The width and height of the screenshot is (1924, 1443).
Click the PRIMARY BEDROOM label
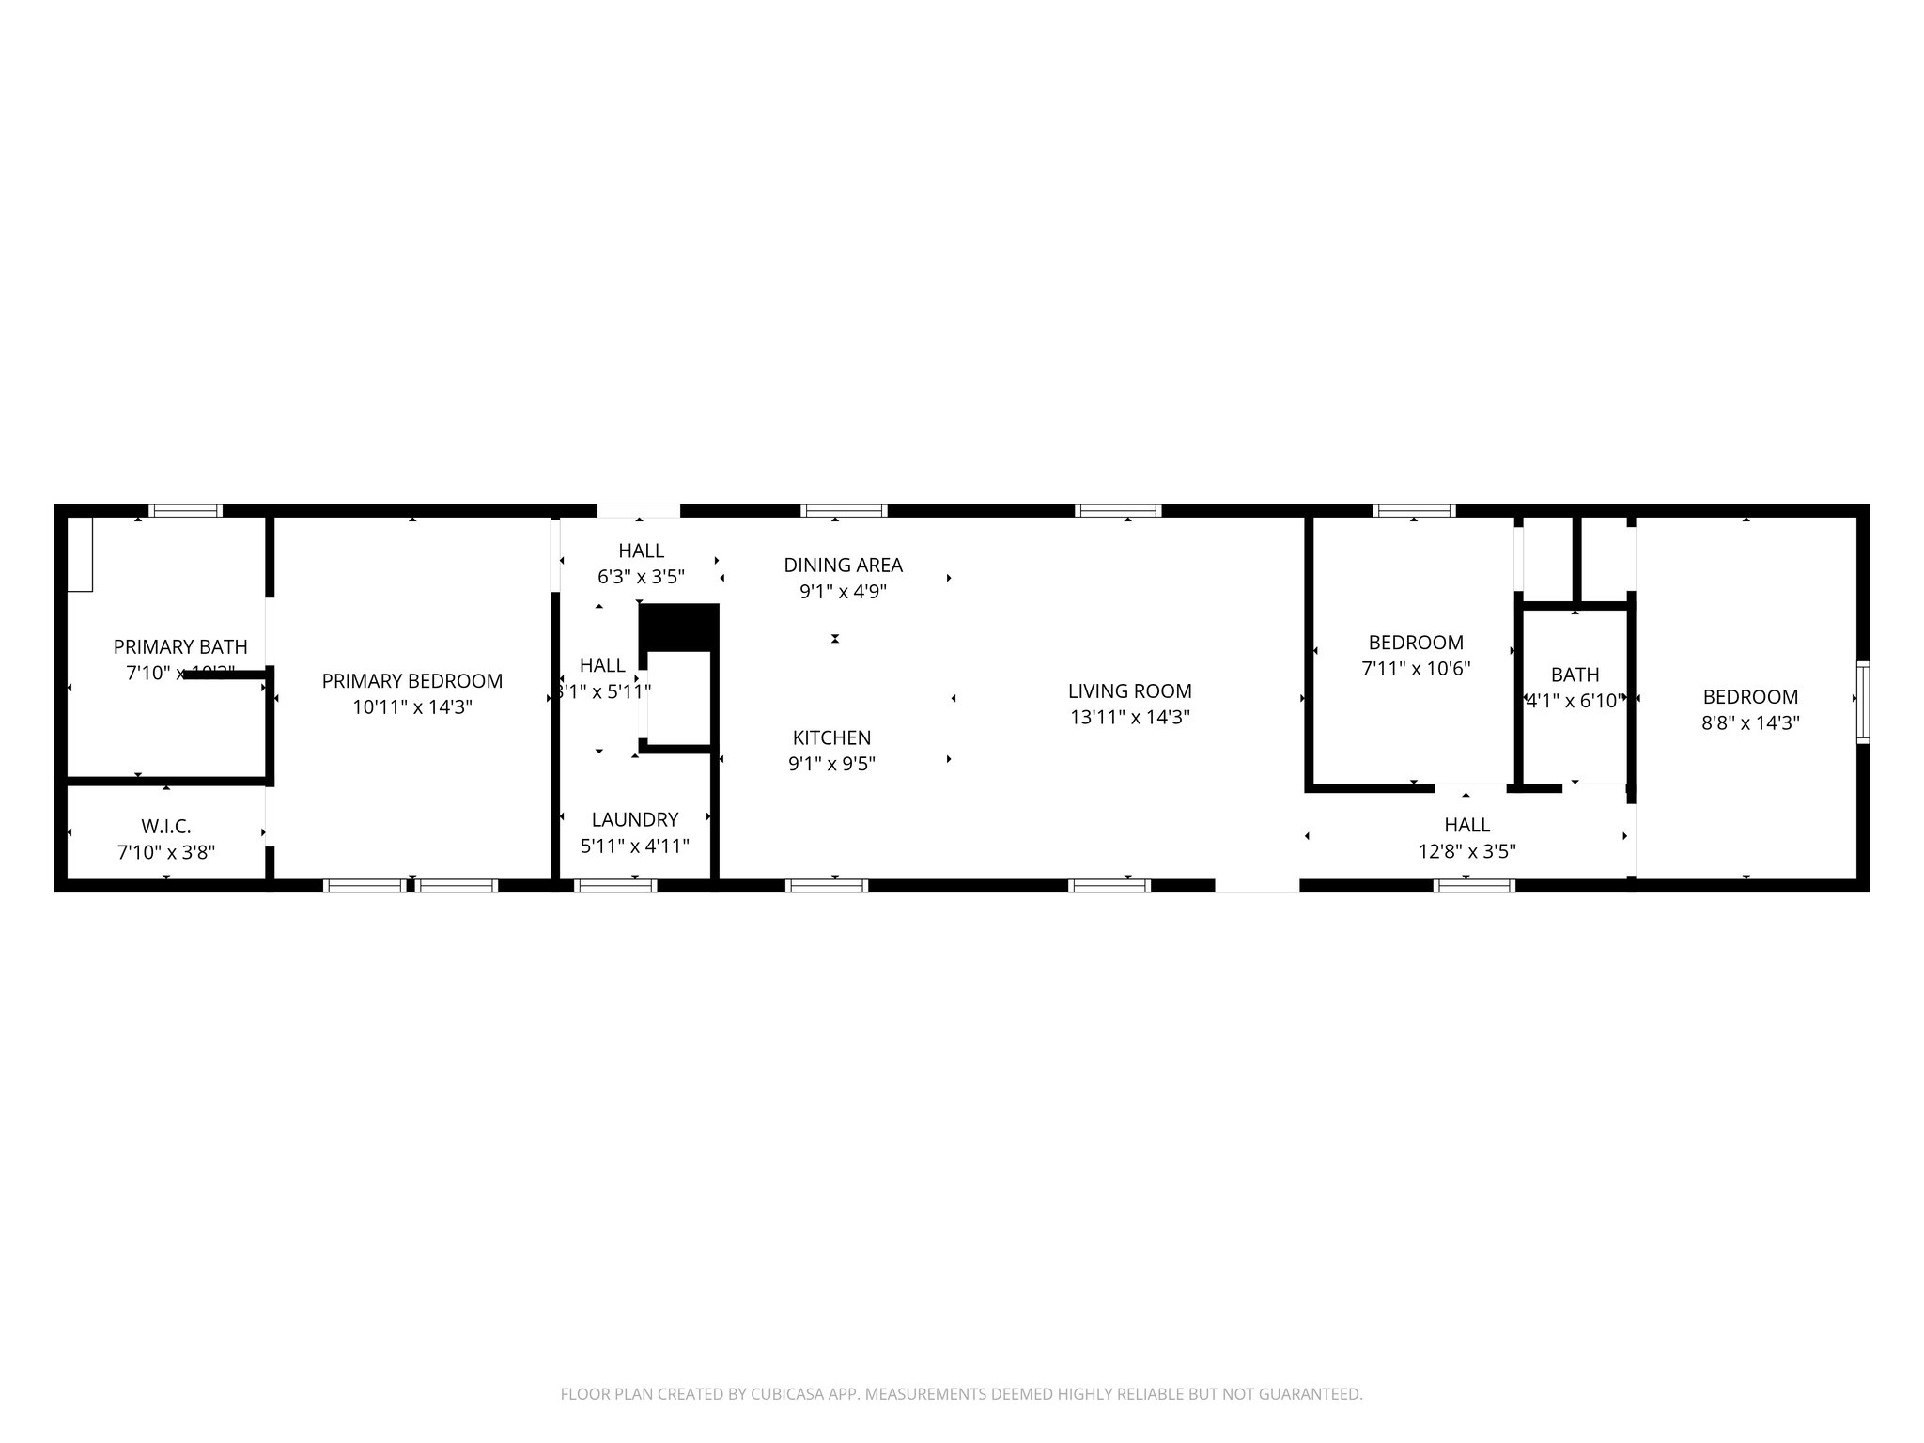pyautogui.click(x=411, y=681)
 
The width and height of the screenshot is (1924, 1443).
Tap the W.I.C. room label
pyautogui.click(x=166, y=827)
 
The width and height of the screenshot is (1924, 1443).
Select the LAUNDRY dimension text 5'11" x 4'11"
pyautogui.click(x=635, y=846)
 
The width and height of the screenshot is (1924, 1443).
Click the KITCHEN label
pyautogui.click(x=831, y=737)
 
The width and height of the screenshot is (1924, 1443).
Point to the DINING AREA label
pyautogui.click(x=843, y=565)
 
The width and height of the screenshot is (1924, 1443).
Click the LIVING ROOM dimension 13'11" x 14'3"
pyautogui.click(x=1129, y=718)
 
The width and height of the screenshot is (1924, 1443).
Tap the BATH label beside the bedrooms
pyautogui.click(x=1575, y=675)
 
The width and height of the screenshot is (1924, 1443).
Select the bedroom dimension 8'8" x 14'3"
pyautogui.click(x=1750, y=723)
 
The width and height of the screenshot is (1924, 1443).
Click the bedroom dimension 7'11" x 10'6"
pyautogui.click(x=1415, y=669)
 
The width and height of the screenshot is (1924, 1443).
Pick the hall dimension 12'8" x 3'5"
pyautogui.click(x=1466, y=851)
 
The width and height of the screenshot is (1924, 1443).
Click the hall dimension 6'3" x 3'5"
pyautogui.click(x=641, y=577)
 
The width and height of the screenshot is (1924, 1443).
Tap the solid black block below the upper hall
pyautogui.click(x=678, y=627)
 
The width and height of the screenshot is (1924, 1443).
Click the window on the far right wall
pyautogui.click(x=1862, y=703)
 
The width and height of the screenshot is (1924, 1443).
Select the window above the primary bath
pyautogui.click(x=186, y=511)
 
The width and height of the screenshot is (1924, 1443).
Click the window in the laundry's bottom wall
pyautogui.click(x=615, y=885)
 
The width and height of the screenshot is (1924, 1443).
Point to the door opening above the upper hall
pyautogui.click(x=639, y=511)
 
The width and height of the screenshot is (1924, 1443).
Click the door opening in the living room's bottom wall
pyautogui.click(x=1257, y=885)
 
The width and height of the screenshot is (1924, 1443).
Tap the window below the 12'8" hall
pyautogui.click(x=1474, y=885)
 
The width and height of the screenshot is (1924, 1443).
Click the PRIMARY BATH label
pyautogui.click(x=180, y=646)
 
